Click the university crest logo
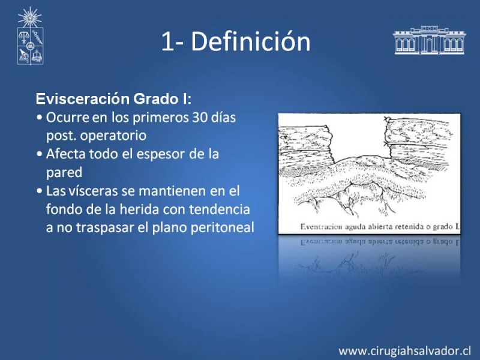pos(30,36)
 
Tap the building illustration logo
pos(429,40)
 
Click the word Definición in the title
pos(251,41)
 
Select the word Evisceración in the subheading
pos(83,99)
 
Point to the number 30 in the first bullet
pos(200,117)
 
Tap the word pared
pos(64,173)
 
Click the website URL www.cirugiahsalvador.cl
pos(404,350)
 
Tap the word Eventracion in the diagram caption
pos(321,227)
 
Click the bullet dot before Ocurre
pos(39,118)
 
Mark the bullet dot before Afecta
pos(39,154)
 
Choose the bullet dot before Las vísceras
pos(39,191)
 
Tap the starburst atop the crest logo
pos(29,17)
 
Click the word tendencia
pos(220,209)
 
